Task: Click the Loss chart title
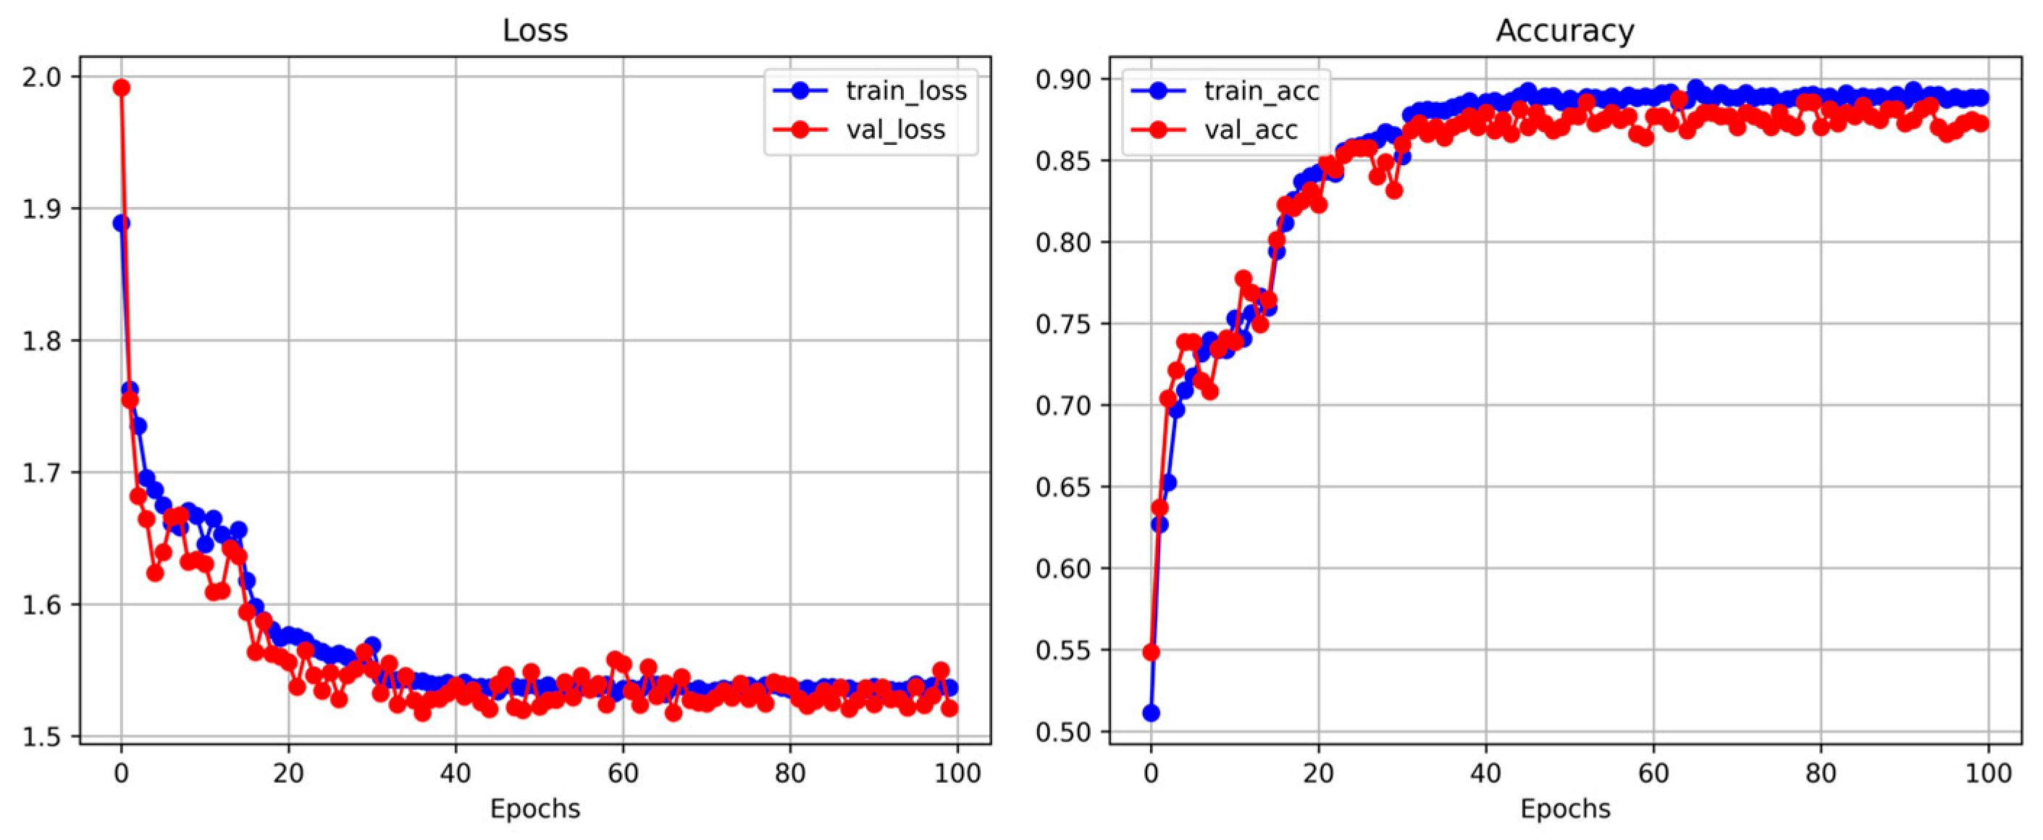tap(534, 30)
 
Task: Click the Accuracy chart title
tap(1564, 30)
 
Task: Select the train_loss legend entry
tap(906, 91)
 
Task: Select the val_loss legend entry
tap(895, 130)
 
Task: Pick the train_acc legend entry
tap(1261, 91)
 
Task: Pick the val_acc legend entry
tap(1251, 130)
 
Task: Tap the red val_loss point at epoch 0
tap(122, 87)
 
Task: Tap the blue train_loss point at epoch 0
tap(122, 223)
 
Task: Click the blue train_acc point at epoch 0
tap(1151, 713)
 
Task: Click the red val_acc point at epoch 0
tap(1151, 652)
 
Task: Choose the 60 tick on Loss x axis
tap(623, 773)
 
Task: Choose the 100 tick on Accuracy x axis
tap(1987, 773)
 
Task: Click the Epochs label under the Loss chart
tap(534, 809)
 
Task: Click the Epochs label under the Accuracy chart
tap(1564, 809)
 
